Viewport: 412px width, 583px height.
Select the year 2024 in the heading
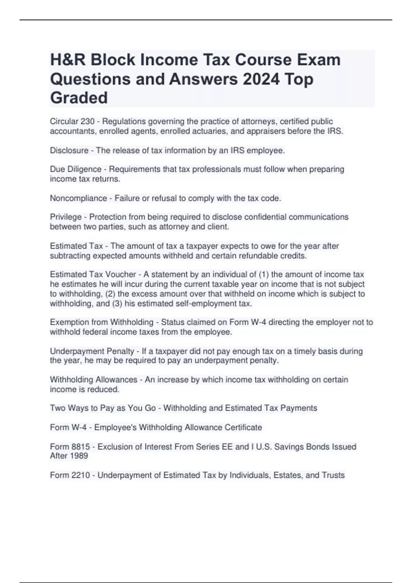[261, 79]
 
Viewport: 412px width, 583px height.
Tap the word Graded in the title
[79, 98]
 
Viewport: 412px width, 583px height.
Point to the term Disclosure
[69, 151]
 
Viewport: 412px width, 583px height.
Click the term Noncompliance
[78, 198]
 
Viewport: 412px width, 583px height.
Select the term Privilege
[66, 217]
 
